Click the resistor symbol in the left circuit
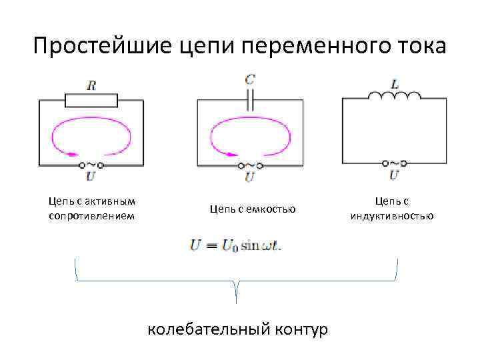click(x=91, y=100)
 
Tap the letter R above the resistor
click(x=91, y=85)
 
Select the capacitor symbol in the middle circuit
click(x=250, y=100)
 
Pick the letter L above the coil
click(x=395, y=85)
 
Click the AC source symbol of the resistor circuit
click(x=91, y=164)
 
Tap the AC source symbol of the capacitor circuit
click(x=250, y=165)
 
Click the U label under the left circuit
click(x=91, y=177)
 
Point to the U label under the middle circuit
click(x=250, y=177)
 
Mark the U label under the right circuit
click(x=394, y=175)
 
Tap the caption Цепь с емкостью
click(x=253, y=209)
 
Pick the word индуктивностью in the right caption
click(x=392, y=215)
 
